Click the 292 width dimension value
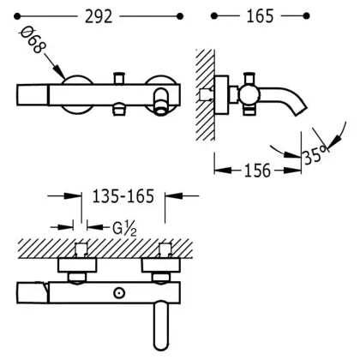pyautogui.click(x=99, y=16)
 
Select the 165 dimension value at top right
pyautogui.click(x=260, y=16)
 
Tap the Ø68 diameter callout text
pyautogui.click(x=33, y=40)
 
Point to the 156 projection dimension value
pyautogui.click(x=257, y=171)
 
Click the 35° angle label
pyautogui.click(x=315, y=155)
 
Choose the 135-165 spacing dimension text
pyautogui.click(x=123, y=196)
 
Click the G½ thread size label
pyautogui.click(x=124, y=229)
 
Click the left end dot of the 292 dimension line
pyautogui.click(x=17, y=16)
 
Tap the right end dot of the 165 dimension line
pyautogui.click(x=306, y=15)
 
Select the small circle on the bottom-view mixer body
pyautogui.click(x=119, y=293)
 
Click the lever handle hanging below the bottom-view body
pyautogui.click(x=161, y=325)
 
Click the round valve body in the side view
pyautogui.click(x=249, y=96)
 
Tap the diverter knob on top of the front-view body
pyautogui.click(x=120, y=78)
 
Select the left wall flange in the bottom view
pyautogui.click(x=77, y=266)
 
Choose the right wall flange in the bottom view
pyautogui.click(x=161, y=266)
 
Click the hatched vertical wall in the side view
pyautogui.click(x=205, y=95)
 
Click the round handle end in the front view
pyautogui.click(x=162, y=102)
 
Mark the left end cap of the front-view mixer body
pyautogui.click(x=33, y=94)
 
